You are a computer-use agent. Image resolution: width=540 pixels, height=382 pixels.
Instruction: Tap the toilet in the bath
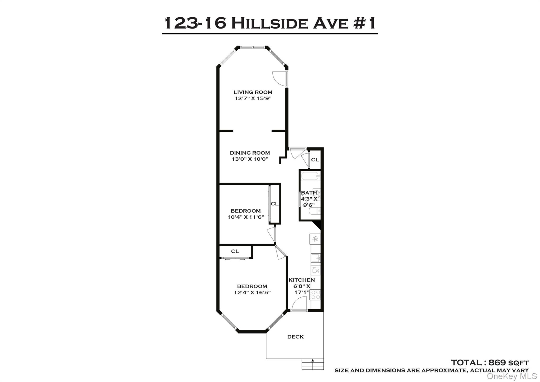314,211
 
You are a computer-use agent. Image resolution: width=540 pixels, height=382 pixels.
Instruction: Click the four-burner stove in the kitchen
315,294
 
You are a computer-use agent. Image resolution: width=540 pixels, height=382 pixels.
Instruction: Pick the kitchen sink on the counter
315,257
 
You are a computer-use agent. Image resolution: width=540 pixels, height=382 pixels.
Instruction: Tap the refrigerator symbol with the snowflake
315,239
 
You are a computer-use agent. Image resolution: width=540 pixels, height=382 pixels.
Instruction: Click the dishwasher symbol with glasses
315,270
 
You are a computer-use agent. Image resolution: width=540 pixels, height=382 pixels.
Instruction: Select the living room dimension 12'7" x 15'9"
253,98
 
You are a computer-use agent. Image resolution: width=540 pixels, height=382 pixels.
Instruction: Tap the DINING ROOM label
250,153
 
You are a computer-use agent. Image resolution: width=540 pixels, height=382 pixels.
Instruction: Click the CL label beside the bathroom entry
315,160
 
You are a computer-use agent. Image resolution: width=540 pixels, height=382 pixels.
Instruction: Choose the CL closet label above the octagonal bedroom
235,251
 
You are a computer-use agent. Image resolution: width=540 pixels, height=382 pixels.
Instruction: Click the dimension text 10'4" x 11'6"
246,217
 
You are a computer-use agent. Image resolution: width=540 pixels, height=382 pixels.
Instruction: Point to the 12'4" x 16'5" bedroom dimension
252,293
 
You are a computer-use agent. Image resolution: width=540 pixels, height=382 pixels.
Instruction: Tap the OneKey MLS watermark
512,376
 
